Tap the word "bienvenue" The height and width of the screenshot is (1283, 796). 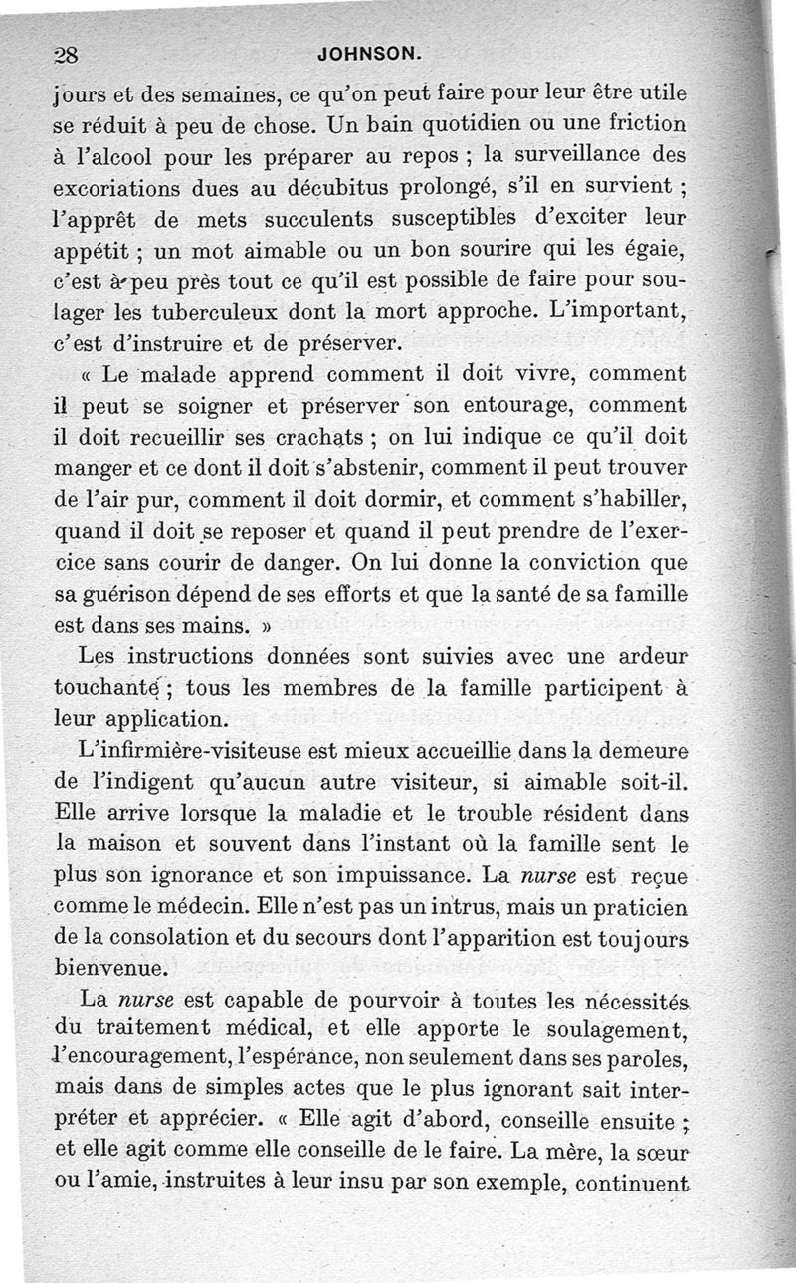click(109, 968)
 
